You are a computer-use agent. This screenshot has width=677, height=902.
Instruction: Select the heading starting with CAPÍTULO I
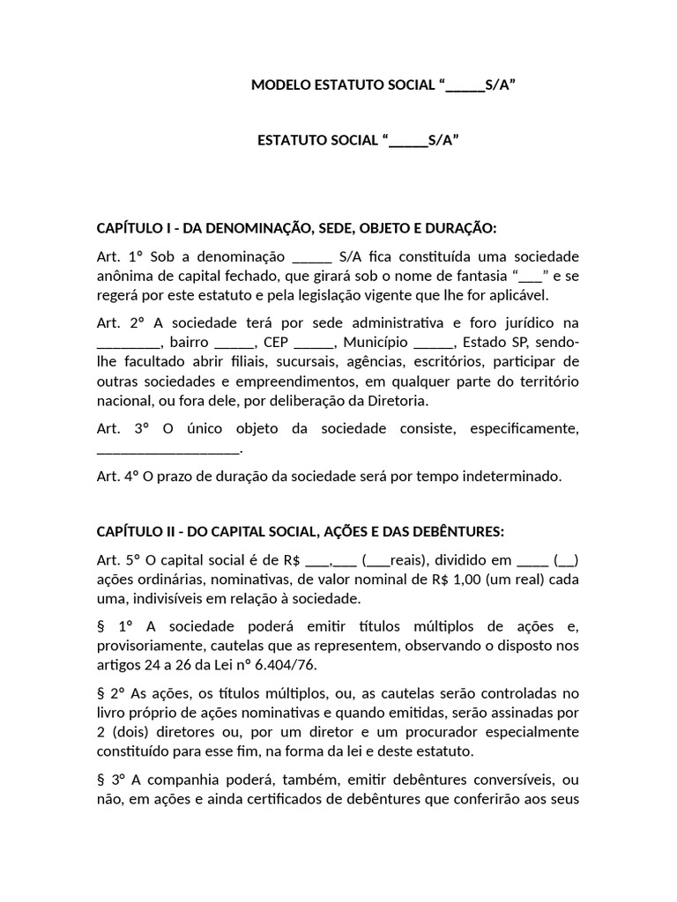click(296, 228)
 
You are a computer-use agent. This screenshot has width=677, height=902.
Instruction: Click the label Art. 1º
click(119, 256)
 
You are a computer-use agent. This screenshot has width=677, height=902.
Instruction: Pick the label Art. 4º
click(119, 477)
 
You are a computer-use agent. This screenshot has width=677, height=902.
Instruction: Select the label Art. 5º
click(119, 559)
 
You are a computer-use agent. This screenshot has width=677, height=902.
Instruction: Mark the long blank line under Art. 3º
click(167, 449)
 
